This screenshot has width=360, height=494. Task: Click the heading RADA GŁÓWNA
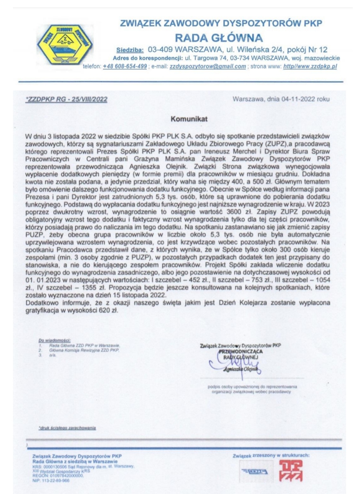pos(219,37)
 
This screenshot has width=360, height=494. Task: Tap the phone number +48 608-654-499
pos(125,66)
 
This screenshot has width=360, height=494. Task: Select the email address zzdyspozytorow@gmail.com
pos(208,66)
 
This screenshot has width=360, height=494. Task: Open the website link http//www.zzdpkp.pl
pos(310,66)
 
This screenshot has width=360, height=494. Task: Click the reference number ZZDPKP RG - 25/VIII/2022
pos(66,99)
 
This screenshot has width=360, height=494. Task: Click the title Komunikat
pos(189,119)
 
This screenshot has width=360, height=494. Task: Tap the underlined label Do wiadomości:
pos(54,340)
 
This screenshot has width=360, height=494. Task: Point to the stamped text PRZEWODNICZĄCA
pos(241,351)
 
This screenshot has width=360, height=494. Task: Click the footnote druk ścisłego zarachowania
pos(67,428)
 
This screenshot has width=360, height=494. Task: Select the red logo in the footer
pos(291,471)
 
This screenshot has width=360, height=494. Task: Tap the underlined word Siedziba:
pos(130,50)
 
